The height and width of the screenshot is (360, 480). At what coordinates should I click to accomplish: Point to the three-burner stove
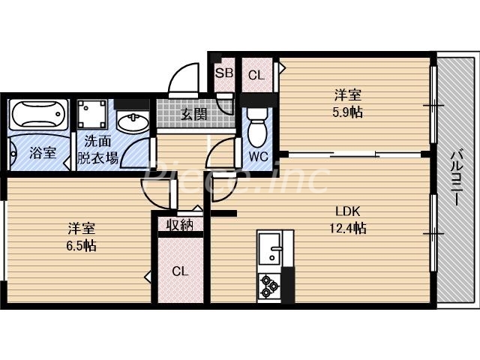269,286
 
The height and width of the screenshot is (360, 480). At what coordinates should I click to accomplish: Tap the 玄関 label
193,115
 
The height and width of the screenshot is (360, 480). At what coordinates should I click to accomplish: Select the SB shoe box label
223,73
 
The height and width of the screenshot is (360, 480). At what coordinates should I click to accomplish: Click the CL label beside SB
256,74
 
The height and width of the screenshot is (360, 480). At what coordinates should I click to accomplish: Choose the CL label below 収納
180,271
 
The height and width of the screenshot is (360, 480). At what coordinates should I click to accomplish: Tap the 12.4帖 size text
349,228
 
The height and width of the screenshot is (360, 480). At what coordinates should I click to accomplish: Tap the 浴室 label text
42,153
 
